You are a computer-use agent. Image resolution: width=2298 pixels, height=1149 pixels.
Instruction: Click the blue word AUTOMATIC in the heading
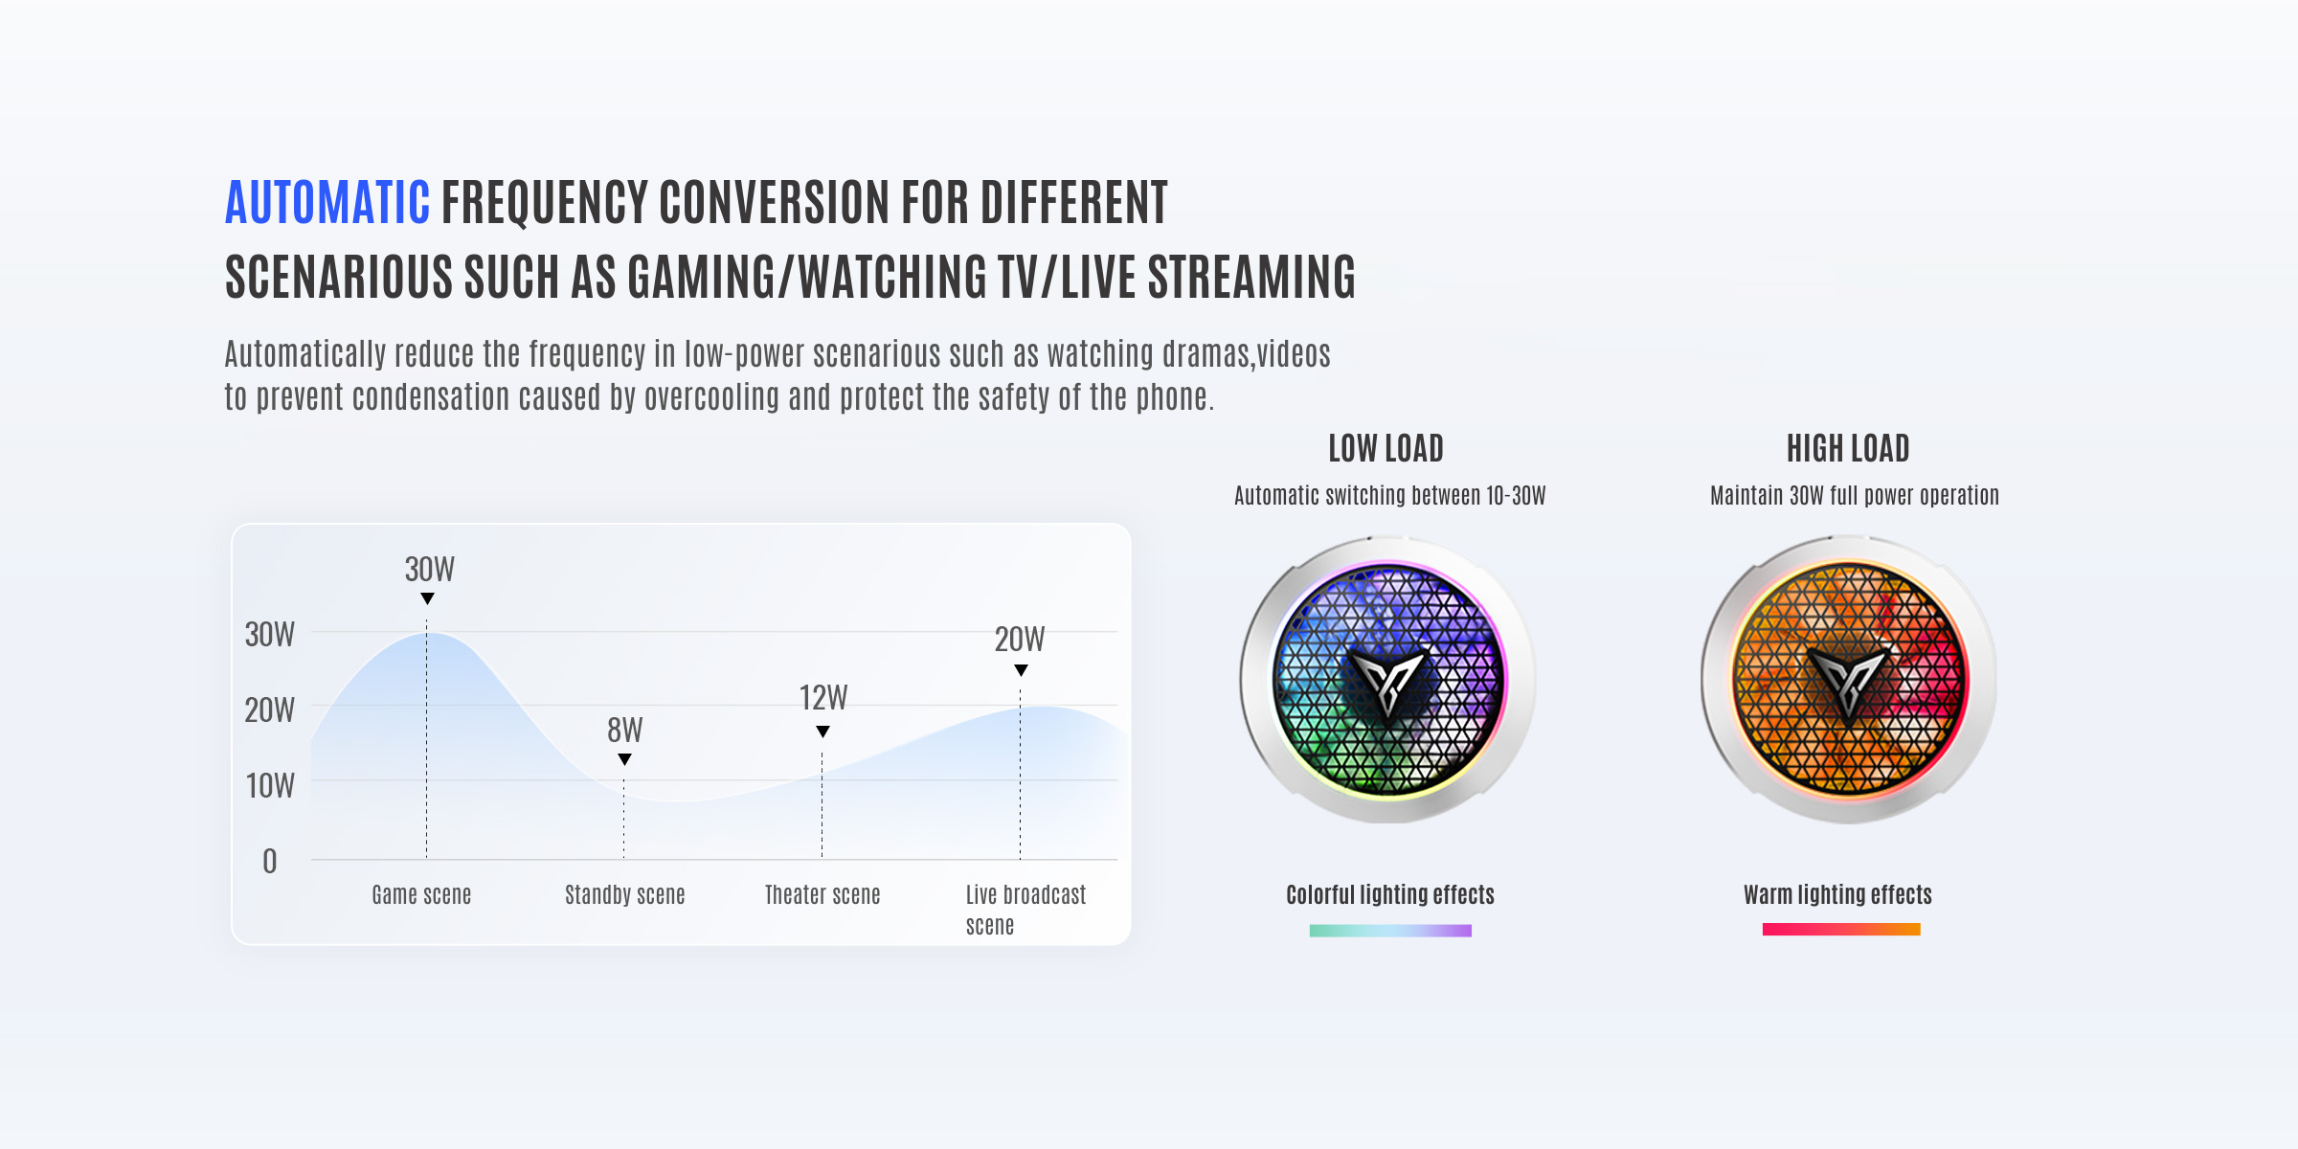(327, 202)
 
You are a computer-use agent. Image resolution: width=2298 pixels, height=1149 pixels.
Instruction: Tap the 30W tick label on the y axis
(270, 634)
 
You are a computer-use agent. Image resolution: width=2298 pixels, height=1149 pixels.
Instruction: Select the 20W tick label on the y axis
(270, 710)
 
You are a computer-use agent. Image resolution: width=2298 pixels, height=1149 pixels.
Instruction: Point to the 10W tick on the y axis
(270, 785)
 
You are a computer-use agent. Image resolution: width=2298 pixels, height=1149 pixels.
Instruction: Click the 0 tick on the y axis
(270, 861)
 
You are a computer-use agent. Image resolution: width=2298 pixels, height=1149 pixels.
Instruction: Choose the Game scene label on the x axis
(421, 894)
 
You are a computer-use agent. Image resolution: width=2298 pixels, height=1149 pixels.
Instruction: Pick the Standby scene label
(625, 894)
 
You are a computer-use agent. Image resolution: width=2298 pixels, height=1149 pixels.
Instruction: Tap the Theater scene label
(822, 894)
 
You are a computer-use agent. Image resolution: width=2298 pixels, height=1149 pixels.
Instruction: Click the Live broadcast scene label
(1025, 910)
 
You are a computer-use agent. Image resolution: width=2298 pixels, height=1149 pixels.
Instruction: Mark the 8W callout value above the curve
(625, 731)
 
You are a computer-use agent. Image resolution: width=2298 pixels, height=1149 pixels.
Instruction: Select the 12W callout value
(823, 697)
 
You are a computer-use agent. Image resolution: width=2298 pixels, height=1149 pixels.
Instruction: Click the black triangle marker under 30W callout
(428, 598)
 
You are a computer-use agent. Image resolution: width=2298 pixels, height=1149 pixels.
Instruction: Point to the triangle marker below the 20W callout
(1022, 670)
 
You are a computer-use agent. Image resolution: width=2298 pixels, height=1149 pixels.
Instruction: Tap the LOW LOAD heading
(1386, 448)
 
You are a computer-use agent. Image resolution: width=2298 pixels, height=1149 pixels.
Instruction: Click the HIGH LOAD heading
(1848, 448)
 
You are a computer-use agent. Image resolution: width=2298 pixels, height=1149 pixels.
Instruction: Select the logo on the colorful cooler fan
(1387, 679)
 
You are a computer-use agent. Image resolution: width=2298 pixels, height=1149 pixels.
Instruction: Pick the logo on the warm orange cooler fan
(1849, 679)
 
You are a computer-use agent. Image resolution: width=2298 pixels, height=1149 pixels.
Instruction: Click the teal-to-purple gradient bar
(1390, 931)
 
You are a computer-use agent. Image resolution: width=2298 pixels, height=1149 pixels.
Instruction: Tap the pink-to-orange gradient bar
(1841, 929)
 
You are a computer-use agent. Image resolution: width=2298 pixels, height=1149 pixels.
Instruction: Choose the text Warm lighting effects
(1837, 894)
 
